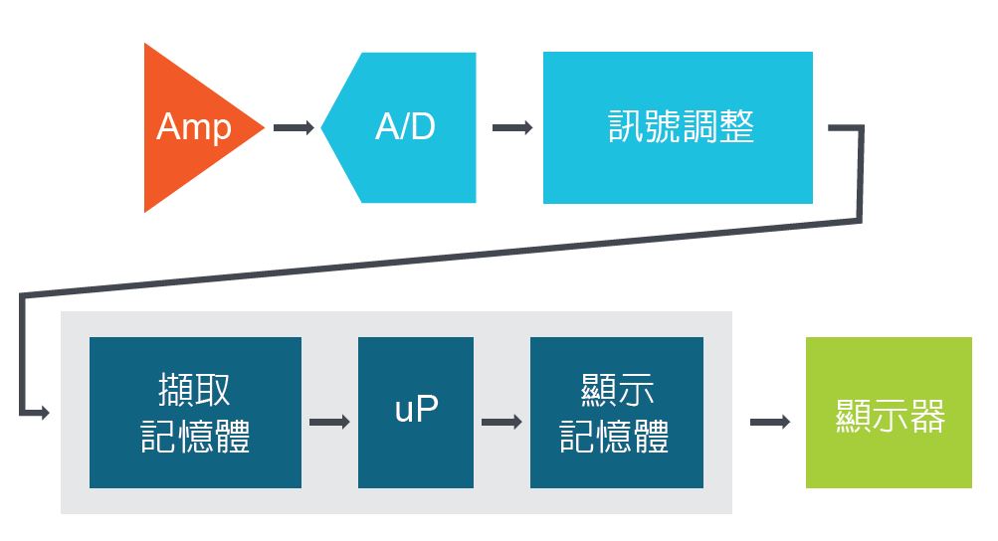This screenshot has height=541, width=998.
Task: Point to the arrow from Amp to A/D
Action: pos(294,127)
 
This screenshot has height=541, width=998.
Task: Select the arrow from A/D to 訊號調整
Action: pos(512,127)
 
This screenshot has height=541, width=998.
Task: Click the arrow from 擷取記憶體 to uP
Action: pos(329,422)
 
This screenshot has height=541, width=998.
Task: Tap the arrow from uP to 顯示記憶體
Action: pos(501,422)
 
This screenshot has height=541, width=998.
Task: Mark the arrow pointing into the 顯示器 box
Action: pos(769,422)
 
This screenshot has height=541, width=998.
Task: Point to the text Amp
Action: pos(194,127)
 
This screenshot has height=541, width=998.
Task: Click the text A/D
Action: pos(405,127)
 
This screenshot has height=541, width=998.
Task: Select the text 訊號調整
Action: pos(681,127)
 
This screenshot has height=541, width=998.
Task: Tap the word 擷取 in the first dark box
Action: pos(194,390)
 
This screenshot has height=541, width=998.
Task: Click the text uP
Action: pos(416,410)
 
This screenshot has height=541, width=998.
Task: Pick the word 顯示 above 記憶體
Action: pos(616,390)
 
